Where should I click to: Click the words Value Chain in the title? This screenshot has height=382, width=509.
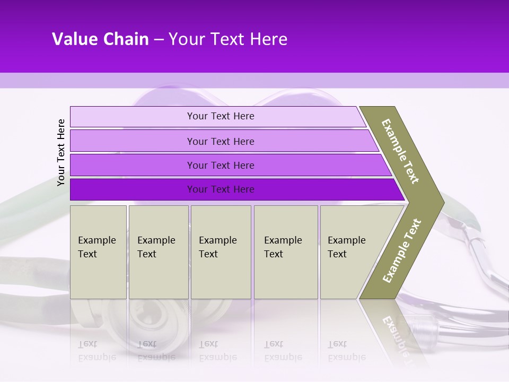[100, 39]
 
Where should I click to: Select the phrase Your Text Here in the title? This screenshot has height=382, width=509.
[228, 39]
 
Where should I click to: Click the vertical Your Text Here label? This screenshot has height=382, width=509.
[62, 152]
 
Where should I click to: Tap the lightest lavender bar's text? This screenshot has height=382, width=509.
[221, 116]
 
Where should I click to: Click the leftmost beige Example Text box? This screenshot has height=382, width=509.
[98, 252]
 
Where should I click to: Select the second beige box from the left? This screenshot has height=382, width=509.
[158, 252]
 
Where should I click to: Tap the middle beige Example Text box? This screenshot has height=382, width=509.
[221, 252]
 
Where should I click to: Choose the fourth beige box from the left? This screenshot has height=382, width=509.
[285, 252]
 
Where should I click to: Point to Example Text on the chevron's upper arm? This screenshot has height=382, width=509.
[400, 151]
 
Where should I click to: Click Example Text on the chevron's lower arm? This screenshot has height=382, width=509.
[401, 250]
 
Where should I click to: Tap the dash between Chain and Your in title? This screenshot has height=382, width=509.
[159, 39]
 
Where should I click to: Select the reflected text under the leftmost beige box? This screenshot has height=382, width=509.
[97, 351]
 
